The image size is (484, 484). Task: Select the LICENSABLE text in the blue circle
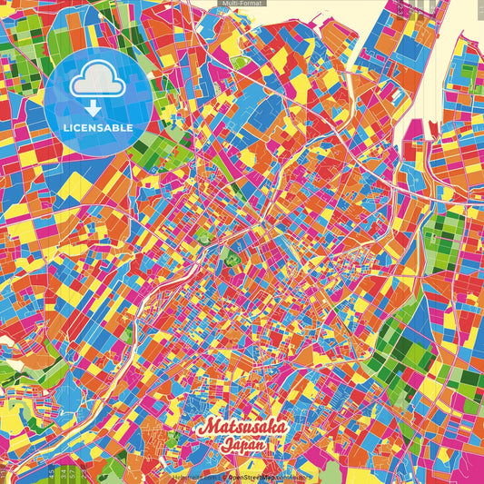(x=98, y=127)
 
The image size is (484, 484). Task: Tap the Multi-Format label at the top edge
(x=242, y=4)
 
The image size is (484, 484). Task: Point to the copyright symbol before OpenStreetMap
(x=223, y=476)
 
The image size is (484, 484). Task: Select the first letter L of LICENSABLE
(x=64, y=127)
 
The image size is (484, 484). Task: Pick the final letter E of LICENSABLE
(x=132, y=127)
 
